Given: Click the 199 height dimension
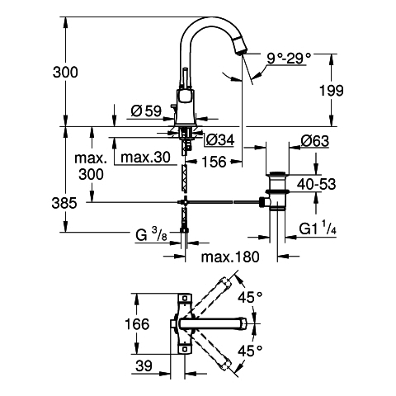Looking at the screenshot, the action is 332,91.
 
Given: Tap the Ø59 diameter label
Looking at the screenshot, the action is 146,111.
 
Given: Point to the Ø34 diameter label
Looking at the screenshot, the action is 220,140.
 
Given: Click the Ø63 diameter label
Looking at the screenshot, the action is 314,141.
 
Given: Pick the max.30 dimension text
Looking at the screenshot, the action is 146,158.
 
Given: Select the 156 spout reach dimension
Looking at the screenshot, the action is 214,162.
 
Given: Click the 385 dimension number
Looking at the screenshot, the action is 64,204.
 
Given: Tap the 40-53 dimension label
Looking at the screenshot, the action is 316,184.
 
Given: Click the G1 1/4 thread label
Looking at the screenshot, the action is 318,229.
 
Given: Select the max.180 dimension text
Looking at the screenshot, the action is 230,257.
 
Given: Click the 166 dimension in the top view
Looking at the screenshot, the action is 137,323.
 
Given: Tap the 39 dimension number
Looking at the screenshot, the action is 144,365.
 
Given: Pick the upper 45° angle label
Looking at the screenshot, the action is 250,297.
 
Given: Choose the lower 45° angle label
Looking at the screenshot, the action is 250,351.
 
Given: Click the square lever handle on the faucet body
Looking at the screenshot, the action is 182,97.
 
